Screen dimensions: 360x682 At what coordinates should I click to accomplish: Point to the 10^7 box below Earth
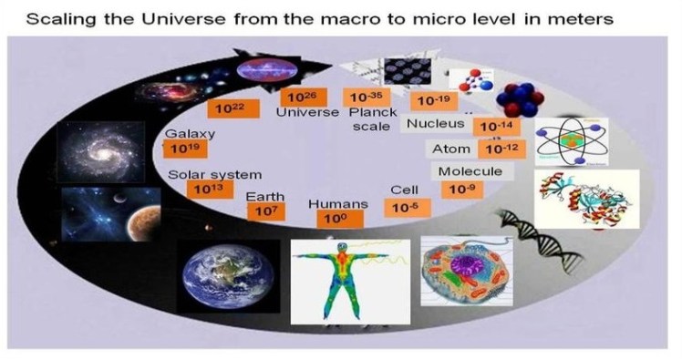(x=266, y=210)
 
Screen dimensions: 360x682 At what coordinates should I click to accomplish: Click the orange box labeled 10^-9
(x=457, y=190)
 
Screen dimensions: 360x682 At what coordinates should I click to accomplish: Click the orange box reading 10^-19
(x=432, y=101)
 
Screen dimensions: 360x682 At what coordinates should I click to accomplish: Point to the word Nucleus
(x=436, y=123)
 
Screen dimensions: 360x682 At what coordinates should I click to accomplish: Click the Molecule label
(x=470, y=171)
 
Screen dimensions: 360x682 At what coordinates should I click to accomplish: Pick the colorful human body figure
(x=344, y=279)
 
